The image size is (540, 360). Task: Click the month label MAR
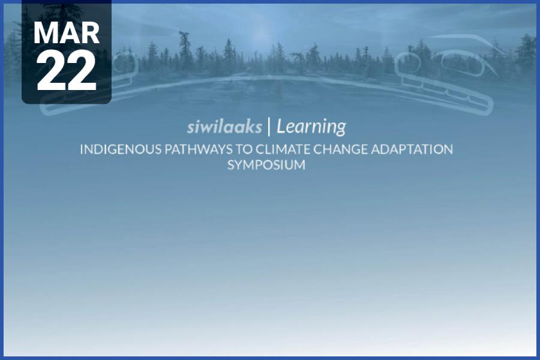tap(66, 34)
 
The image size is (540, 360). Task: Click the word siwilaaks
tap(224, 127)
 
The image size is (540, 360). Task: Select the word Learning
tap(311, 127)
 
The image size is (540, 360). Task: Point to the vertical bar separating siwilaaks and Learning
tap(269, 127)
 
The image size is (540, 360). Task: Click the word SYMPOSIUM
tap(266, 165)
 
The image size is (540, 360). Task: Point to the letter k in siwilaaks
tap(251, 127)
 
